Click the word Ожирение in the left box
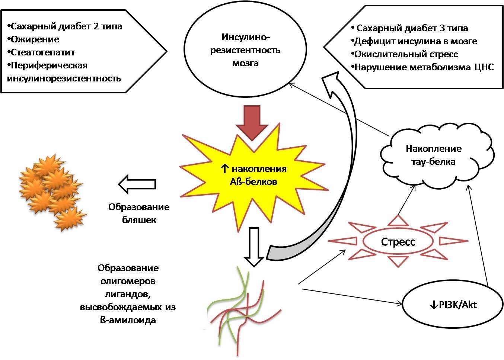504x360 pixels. (35, 39)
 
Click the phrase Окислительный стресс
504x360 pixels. (406, 54)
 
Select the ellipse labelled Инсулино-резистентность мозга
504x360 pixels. (245, 50)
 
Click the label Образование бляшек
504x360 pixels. (139, 213)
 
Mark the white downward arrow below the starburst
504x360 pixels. (254, 247)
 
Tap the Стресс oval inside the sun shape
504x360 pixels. (398, 242)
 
